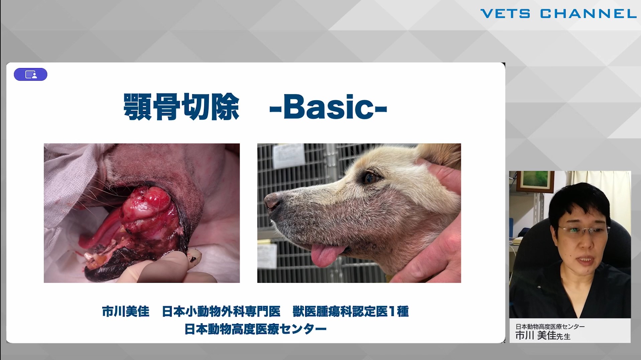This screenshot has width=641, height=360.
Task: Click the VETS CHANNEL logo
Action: tap(558, 14)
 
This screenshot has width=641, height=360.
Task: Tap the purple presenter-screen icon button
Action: tap(30, 74)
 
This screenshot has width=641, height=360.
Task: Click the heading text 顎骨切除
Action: tap(181, 107)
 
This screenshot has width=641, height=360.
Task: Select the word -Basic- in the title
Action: tap(328, 107)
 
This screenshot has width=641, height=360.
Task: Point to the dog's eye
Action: tap(370, 178)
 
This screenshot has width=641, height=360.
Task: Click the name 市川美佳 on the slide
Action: tap(126, 312)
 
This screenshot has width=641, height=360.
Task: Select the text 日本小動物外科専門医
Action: tap(221, 312)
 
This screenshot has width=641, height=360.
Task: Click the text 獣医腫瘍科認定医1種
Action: tap(351, 312)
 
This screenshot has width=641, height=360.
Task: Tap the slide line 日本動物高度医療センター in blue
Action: tap(255, 329)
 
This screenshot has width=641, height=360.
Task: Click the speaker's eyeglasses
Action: tap(583, 230)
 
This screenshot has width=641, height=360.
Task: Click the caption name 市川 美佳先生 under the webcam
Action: tap(543, 336)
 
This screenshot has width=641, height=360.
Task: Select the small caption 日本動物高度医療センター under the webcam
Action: tap(550, 326)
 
